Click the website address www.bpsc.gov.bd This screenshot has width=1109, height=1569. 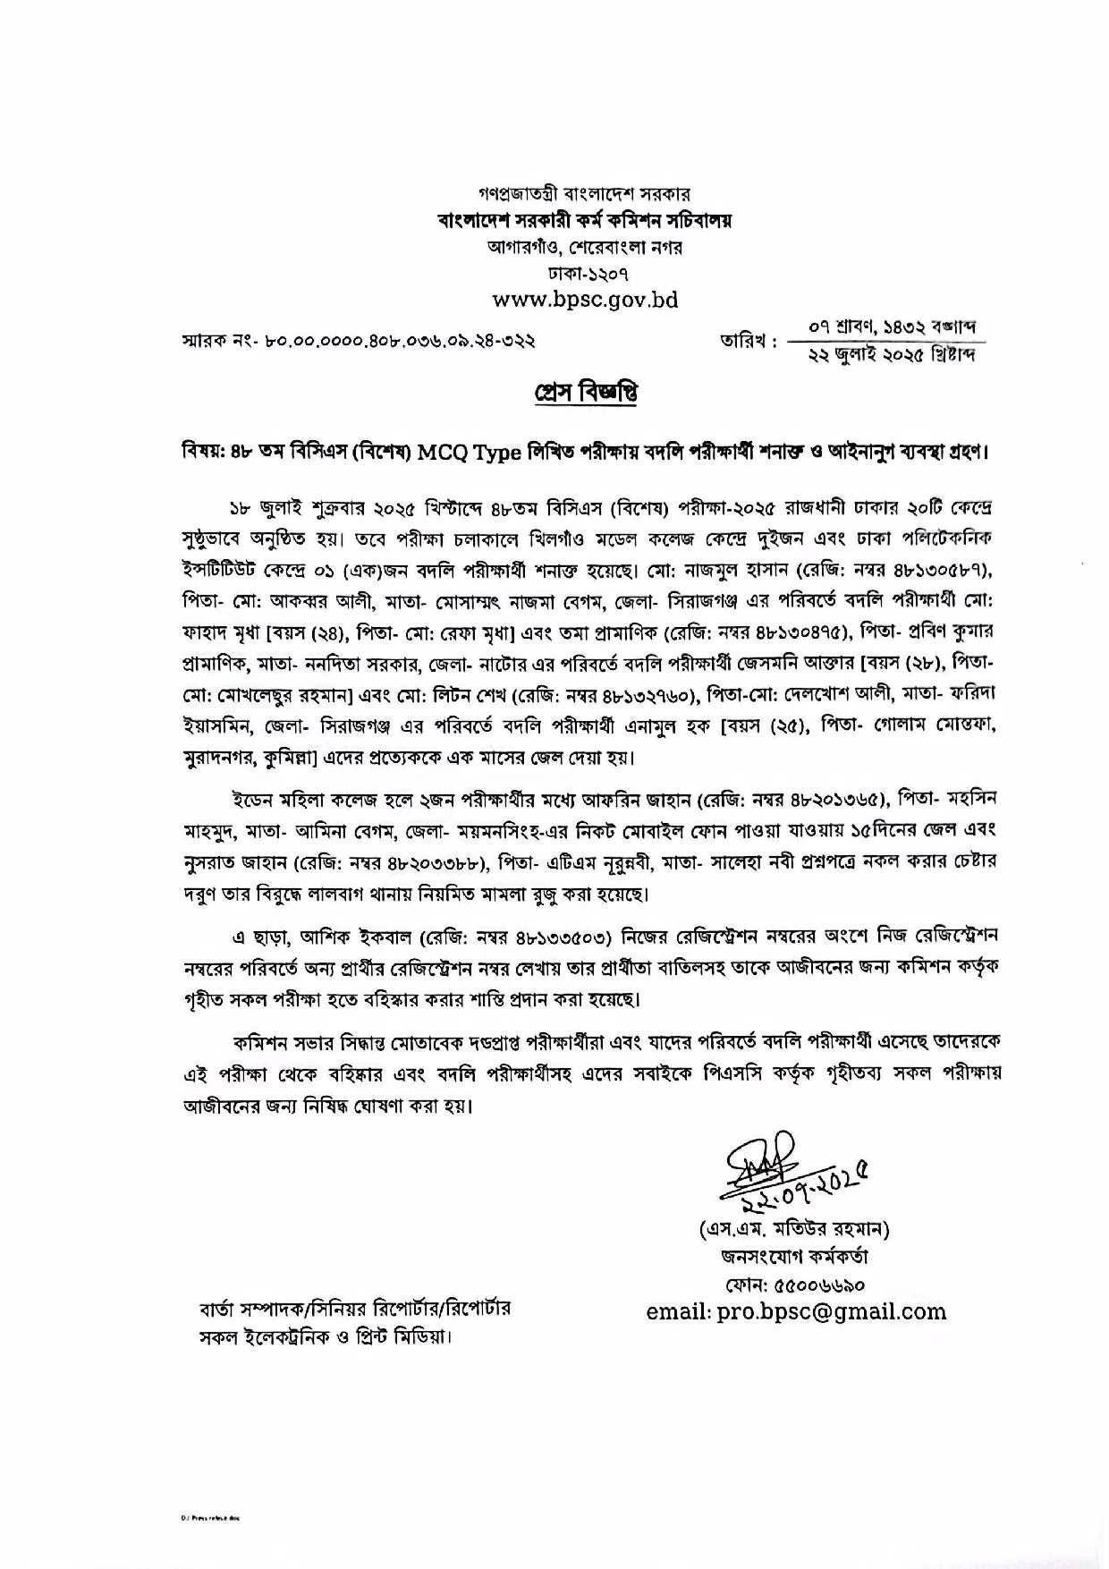pyautogui.click(x=585, y=299)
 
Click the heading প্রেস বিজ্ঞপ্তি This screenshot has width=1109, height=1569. pyautogui.click(x=585, y=393)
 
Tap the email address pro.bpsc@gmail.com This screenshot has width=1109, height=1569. pyautogui.click(x=796, y=1311)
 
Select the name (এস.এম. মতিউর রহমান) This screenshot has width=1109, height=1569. pyautogui.click(x=795, y=1228)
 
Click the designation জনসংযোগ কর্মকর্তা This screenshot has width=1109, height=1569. pyautogui.click(x=795, y=1256)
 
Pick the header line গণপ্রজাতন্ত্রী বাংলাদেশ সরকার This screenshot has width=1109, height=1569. pyautogui.click(x=585, y=194)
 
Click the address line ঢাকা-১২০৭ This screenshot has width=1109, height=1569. pyautogui.click(x=585, y=272)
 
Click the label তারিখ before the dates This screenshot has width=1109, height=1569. pyautogui.click(x=747, y=341)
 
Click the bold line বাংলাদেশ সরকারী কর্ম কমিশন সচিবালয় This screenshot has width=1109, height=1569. pyautogui.click(x=585, y=220)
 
